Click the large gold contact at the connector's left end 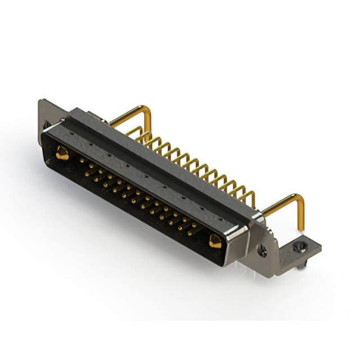(x=62, y=152)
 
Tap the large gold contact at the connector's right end (x=215, y=242)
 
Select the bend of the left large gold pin (x=148, y=110)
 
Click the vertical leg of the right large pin (x=301, y=217)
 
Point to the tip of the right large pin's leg (x=302, y=230)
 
